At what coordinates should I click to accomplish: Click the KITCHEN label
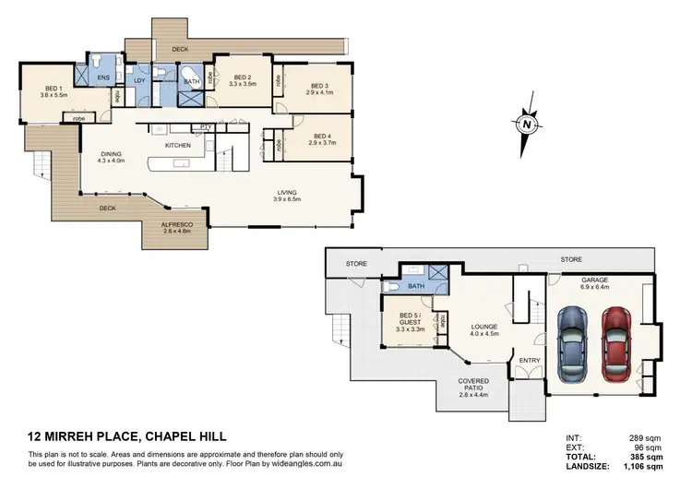click(177, 146)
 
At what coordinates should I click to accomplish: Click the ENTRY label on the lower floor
click(530, 360)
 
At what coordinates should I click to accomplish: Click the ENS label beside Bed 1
click(103, 79)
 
